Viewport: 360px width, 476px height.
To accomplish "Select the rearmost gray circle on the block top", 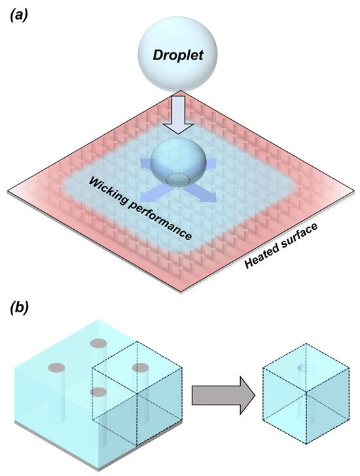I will tap(98, 343).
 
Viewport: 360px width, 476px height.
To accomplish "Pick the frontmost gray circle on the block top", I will tap(99, 392).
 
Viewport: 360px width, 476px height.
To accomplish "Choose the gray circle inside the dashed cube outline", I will tap(140, 367).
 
